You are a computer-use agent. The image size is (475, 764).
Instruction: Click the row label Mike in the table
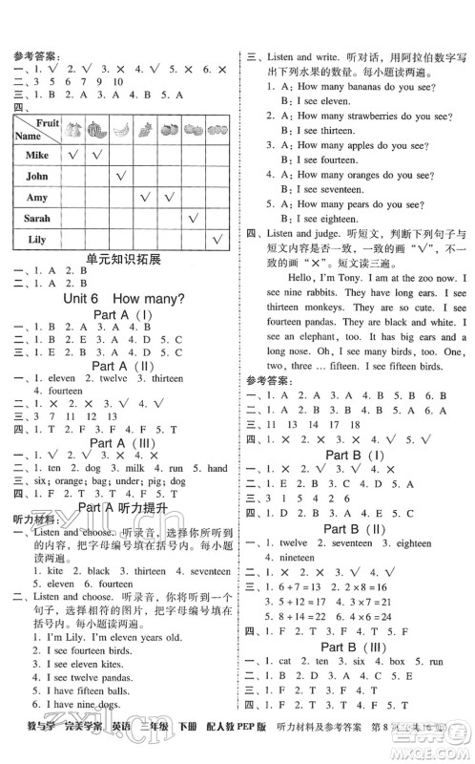36,154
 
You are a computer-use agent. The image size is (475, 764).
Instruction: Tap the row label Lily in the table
36,239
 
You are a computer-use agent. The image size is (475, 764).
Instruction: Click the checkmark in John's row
121,176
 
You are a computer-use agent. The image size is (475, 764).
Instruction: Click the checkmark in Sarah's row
194,218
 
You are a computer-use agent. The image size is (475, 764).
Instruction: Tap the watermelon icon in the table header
98,131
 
